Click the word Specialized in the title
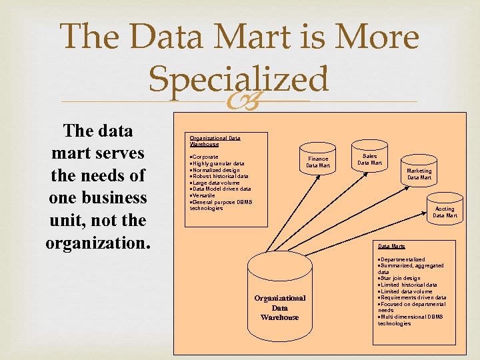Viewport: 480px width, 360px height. pyautogui.click(x=239, y=79)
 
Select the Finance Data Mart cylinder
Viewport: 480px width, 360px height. pyautogui.click(x=318, y=162)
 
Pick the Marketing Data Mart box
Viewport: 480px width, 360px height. pyautogui.click(x=419, y=174)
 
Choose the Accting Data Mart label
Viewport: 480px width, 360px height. pyautogui.click(x=445, y=212)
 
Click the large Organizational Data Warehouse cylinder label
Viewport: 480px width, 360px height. pyautogui.click(x=280, y=307)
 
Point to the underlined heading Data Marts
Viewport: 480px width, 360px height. pyautogui.click(x=391, y=246)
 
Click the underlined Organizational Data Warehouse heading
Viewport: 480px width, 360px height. pyautogui.click(x=215, y=141)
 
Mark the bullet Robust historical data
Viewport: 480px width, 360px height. pyautogui.click(x=220, y=177)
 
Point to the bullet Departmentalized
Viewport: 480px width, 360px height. pyautogui.click(x=402, y=259)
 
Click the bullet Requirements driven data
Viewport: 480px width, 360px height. pyautogui.click(x=413, y=297)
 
